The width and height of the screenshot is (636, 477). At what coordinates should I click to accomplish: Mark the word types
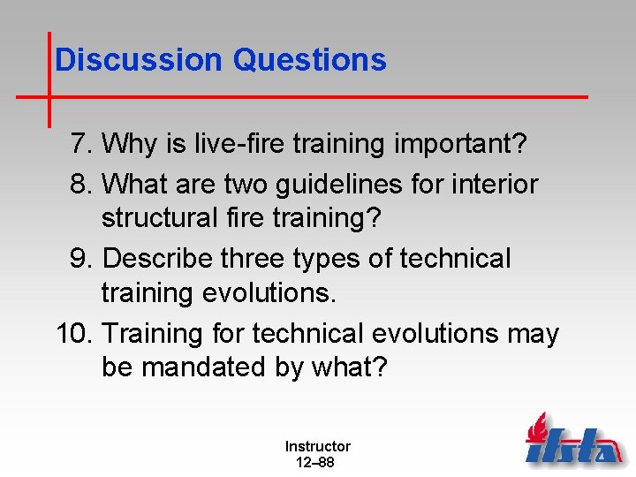click(x=334, y=259)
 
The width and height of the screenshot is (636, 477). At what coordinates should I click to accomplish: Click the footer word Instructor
click(x=317, y=447)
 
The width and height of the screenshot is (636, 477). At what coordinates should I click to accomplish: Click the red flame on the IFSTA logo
click(x=536, y=430)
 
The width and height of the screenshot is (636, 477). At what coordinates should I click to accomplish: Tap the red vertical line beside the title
click(x=49, y=79)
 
